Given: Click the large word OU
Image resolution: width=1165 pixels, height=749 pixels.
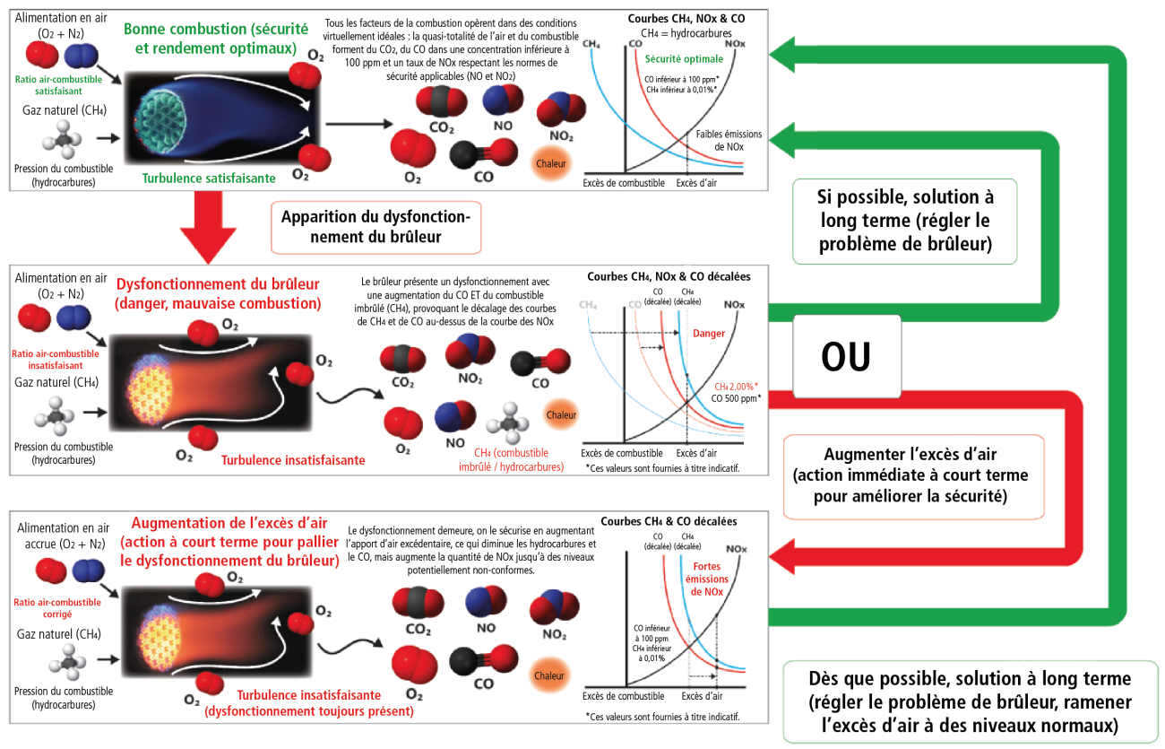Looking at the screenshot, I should click(x=846, y=357).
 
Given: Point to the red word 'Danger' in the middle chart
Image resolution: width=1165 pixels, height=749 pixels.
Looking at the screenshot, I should click(x=709, y=333).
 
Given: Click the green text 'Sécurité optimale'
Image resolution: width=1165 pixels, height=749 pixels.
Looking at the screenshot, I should click(x=684, y=59).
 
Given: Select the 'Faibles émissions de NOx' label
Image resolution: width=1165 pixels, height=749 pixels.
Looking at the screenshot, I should click(x=729, y=140).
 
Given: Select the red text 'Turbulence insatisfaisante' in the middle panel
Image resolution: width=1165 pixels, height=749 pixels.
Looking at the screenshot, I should click(x=293, y=460).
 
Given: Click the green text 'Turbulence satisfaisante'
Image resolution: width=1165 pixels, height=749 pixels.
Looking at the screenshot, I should click(x=208, y=179).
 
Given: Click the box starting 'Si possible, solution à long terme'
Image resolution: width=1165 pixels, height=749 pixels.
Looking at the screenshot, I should click(x=904, y=220).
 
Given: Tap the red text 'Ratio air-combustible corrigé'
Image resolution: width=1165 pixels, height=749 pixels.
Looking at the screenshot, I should click(x=56, y=608).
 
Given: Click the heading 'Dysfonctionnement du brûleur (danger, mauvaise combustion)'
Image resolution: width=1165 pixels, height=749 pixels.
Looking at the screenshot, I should click(x=217, y=293).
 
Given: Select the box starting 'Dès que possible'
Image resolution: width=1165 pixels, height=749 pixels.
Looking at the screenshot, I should click(x=969, y=701).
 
